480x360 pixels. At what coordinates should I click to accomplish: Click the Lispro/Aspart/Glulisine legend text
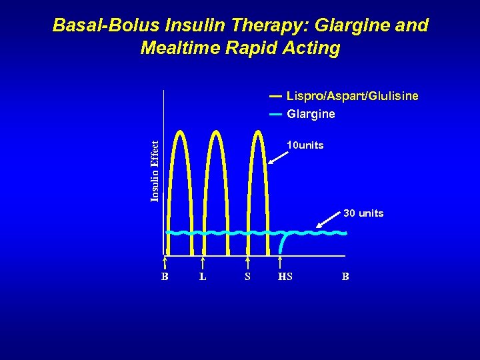click(x=353, y=96)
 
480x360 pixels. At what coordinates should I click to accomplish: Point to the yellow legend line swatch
click(x=275, y=97)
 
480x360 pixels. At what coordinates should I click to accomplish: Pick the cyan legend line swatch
click(x=275, y=114)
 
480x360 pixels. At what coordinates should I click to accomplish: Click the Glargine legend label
click(x=311, y=114)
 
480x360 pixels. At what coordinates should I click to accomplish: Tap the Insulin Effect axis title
click(x=155, y=171)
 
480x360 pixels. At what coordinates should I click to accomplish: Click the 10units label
click(x=305, y=145)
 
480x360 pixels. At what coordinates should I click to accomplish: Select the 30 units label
click(x=363, y=213)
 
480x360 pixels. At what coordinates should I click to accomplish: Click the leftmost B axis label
click(x=165, y=277)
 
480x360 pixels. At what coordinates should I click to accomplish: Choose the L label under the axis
click(x=203, y=277)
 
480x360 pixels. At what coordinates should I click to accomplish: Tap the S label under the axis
click(x=247, y=277)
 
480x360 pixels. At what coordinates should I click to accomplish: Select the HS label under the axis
click(x=285, y=277)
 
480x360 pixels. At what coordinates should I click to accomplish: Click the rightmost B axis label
click(x=345, y=277)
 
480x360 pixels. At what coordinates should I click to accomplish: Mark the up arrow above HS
click(x=281, y=263)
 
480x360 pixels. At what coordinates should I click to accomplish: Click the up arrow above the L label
click(x=203, y=263)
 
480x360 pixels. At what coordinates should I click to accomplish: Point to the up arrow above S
click(x=247, y=263)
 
